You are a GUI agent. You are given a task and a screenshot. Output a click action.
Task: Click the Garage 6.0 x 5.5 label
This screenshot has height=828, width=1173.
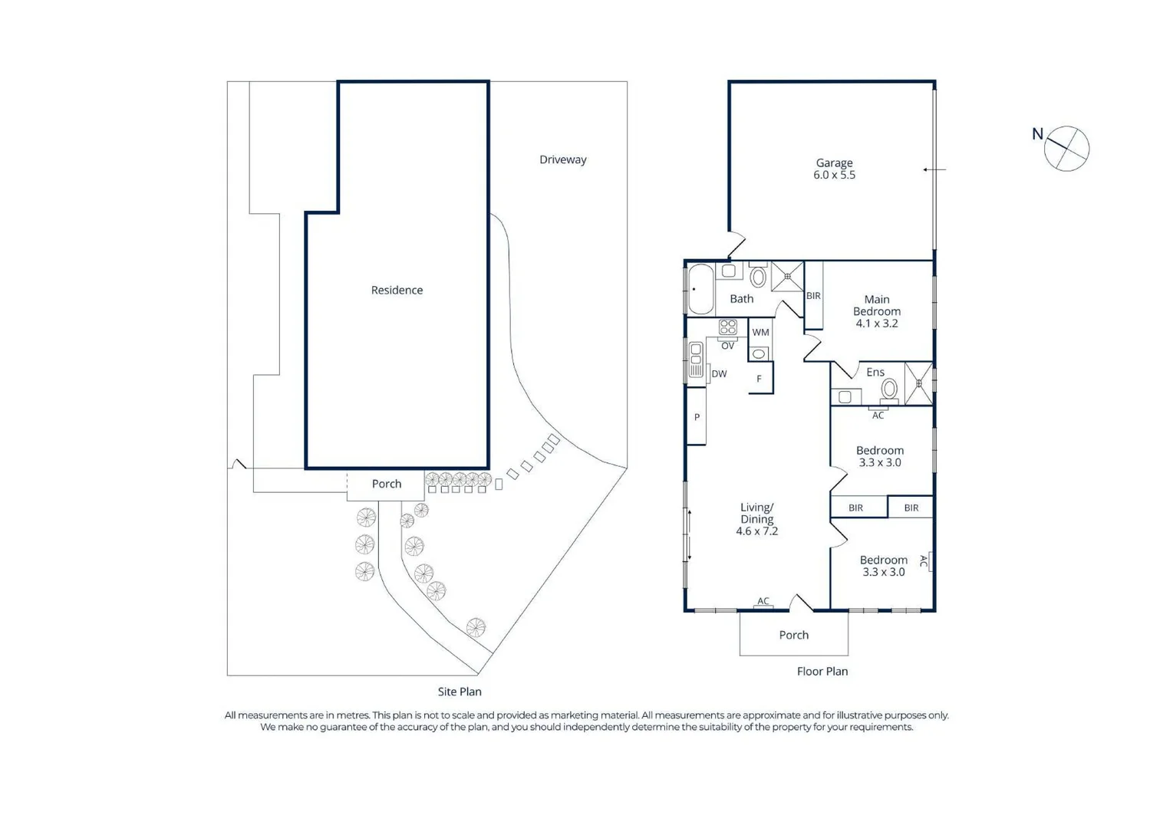pos(834,169)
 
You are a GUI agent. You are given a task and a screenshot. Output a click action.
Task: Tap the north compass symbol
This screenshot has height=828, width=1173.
pos(1066,148)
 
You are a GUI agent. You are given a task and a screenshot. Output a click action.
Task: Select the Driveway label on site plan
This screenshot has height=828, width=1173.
pos(562,159)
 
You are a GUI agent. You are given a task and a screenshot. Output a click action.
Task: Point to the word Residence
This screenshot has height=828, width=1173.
pos(397,290)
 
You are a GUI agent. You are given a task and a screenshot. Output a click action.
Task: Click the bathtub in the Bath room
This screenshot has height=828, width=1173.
pos(700,289)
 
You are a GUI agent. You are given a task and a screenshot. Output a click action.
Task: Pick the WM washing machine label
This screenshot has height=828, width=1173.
pos(760,332)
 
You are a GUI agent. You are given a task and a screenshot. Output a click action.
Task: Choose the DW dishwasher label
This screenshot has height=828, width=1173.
pos(719,374)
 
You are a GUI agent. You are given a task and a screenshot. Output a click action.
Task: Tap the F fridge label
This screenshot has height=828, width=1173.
pos(759,379)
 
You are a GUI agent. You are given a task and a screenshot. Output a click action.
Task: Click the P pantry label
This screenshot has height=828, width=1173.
pos(697,417)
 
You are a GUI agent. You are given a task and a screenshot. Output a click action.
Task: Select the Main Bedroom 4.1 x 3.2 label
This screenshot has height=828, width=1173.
pos(876,311)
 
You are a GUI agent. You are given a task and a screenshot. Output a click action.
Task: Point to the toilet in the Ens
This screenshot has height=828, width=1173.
pos(888,389)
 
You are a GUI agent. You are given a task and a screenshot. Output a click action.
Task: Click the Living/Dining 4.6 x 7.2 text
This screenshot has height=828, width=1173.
pos(756,519)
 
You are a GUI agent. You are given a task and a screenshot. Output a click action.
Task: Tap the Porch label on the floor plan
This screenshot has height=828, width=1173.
pos(793,635)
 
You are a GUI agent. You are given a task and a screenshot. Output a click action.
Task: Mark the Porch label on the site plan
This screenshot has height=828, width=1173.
pos(386,484)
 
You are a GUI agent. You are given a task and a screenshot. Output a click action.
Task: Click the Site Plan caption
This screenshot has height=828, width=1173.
pos(459,692)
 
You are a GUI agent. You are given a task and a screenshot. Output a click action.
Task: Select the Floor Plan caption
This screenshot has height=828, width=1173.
pos(822,672)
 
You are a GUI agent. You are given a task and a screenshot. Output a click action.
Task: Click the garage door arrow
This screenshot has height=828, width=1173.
pos(934,169)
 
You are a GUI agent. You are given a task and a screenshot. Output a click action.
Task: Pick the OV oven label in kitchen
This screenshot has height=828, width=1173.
pos(727,346)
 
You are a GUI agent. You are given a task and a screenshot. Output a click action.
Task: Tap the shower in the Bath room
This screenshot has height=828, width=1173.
pos(787,277)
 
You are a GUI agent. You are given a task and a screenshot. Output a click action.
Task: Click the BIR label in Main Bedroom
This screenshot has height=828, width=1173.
pos(813,296)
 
